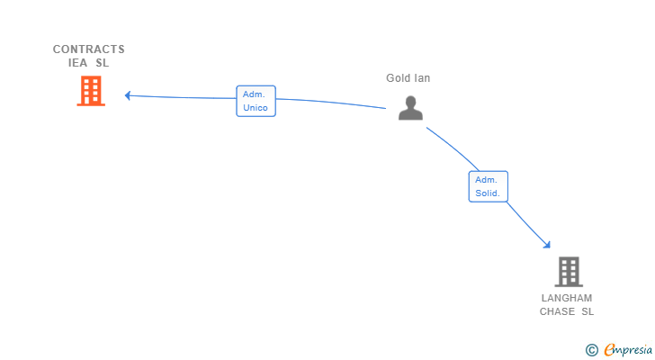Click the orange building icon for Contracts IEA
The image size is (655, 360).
(x=91, y=91)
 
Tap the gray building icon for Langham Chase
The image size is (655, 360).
(x=568, y=272)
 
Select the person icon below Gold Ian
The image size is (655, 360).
(x=410, y=109)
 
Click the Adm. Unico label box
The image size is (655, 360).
(x=256, y=101)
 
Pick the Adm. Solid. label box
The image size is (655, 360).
(x=489, y=186)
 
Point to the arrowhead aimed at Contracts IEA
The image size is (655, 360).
(x=129, y=95)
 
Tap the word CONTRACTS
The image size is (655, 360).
(x=88, y=49)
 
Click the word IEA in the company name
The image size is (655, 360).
(x=78, y=63)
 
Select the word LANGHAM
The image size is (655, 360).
(x=567, y=298)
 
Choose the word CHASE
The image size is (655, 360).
(x=558, y=311)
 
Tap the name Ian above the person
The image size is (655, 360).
(x=422, y=78)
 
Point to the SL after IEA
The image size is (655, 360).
(x=103, y=63)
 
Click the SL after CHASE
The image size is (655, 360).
(x=588, y=311)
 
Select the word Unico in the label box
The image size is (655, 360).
(x=256, y=108)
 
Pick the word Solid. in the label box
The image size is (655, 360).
(x=489, y=193)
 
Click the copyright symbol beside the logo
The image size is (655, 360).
(x=591, y=350)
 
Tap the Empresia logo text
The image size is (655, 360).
(x=627, y=350)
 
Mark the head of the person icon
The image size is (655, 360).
(x=410, y=102)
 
